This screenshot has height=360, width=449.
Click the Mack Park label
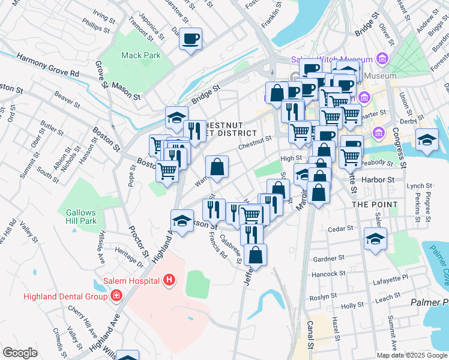click(x=140, y=55)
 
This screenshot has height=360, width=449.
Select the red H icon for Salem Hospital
click(x=170, y=280)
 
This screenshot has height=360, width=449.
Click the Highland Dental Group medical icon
click(x=115, y=296)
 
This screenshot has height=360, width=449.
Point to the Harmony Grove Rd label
click(x=48, y=65)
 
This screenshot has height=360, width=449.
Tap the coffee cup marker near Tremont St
click(x=191, y=39)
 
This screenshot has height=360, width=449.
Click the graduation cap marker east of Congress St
click(x=427, y=140)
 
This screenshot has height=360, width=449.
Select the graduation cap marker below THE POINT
click(x=375, y=239)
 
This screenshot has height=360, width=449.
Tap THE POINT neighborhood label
click(x=375, y=205)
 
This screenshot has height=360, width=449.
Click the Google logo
click(x=20, y=353)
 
